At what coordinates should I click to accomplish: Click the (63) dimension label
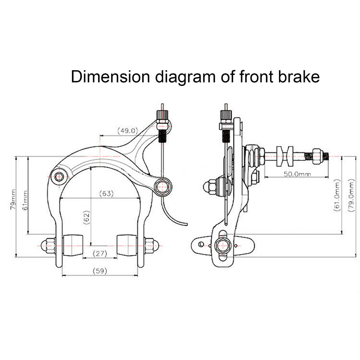[107, 194]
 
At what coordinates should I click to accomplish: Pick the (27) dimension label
[100, 254]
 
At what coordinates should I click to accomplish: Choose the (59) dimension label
[100, 271]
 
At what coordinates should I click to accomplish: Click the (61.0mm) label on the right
[337, 196]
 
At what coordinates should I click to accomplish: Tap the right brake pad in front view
[127, 244]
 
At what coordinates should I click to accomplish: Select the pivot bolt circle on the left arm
[58, 176]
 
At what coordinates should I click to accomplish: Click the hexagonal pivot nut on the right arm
[162, 185]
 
